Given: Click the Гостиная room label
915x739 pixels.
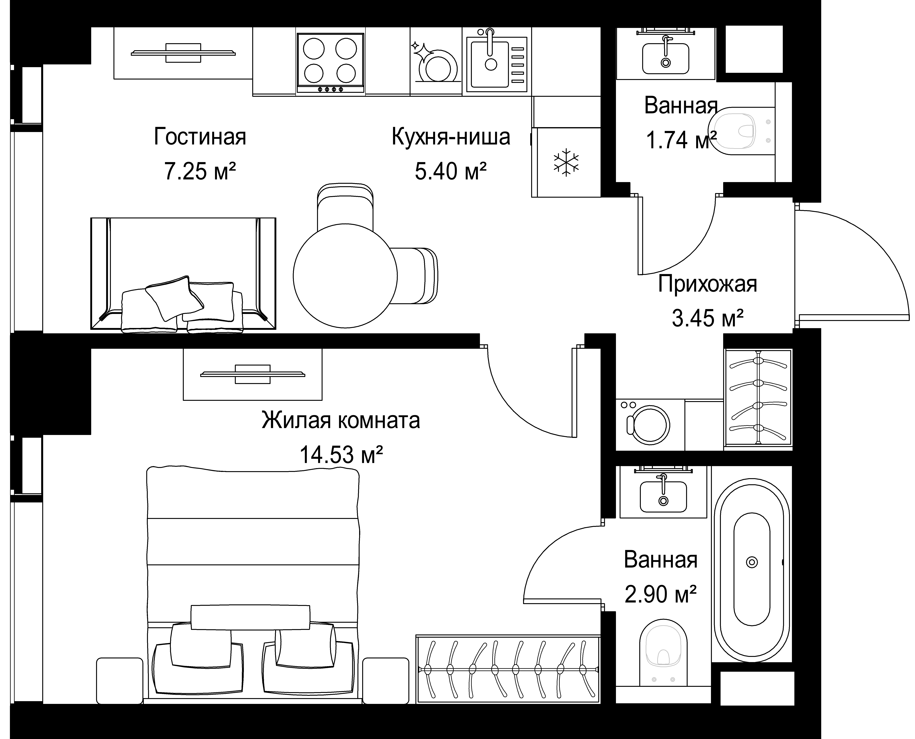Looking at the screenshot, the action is point(200,137).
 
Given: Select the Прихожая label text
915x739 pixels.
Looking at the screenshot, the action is point(707,284).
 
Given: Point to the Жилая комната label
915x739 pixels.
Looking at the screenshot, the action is point(341,420).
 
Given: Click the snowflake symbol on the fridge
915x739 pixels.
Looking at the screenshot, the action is point(566,162).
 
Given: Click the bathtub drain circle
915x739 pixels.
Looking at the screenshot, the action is point(752,562).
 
